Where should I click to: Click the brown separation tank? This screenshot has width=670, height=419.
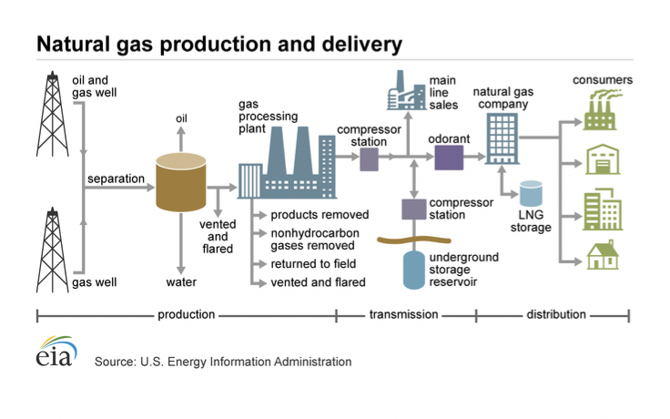coord(181,182)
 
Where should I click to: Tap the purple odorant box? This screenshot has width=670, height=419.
coord(449,158)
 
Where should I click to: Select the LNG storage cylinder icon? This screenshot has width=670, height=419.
coord(531,194)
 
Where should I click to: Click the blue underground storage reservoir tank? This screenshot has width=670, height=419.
coord(414,271)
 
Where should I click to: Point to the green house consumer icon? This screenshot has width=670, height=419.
coord(603,254)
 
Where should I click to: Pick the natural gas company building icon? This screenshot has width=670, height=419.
coord(502,138)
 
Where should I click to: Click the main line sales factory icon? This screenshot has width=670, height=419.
coord(406,91)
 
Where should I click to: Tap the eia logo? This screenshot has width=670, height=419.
coord(56,352)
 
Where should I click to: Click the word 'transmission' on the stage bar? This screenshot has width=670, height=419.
coord(404,314)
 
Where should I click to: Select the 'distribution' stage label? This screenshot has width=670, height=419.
coord(556,314)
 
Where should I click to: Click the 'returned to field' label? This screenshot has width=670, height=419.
coord(313,264)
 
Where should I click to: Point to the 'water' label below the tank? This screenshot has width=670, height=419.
coord(181,282)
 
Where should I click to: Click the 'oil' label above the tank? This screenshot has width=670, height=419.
coord(181,118)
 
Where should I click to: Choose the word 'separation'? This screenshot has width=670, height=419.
coord(116,179)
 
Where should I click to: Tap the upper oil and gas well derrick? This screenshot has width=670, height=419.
coord(53,114)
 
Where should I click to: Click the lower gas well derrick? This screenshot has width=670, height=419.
coord(53,250)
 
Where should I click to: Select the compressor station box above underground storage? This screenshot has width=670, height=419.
coord(414,209)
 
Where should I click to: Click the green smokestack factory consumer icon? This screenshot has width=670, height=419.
coord(602,110)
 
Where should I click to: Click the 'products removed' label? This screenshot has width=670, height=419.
coord(320,215)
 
